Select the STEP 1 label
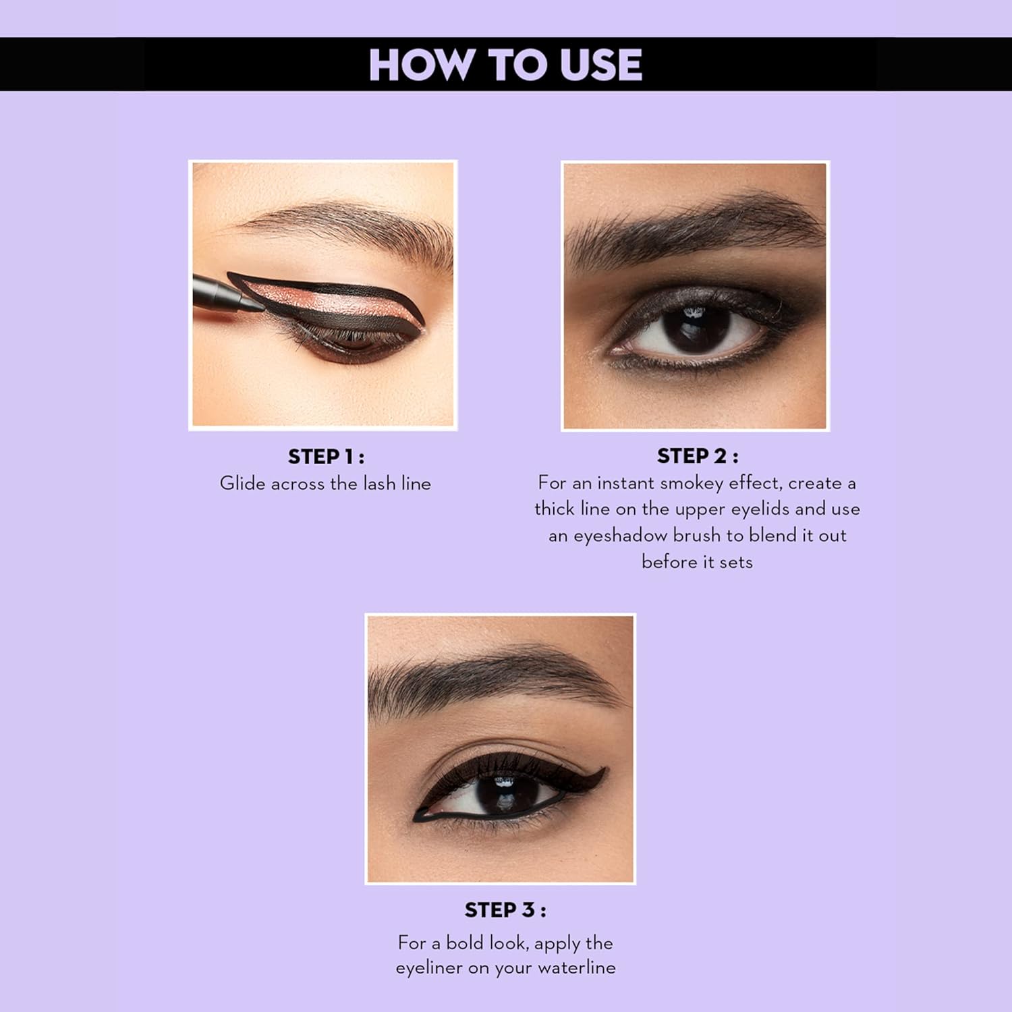click(326, 457)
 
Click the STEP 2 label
click(698, 456)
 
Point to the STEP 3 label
click(505, 910)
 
